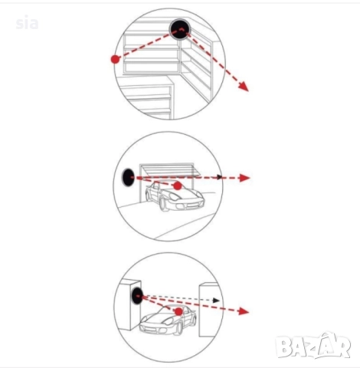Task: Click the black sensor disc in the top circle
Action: [x=180, y=29]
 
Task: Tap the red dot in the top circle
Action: [x=115, y=59]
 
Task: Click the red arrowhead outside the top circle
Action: [x=244, y=86]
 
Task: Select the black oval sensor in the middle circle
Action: [x=127, y=178]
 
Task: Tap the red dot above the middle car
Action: [x=178, y=186]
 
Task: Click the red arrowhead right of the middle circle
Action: [x=244, y=178]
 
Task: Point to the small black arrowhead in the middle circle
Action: [x=219, y=177]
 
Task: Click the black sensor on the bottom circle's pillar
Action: [x=137, y=296]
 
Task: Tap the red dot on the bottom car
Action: [x=178, y=311]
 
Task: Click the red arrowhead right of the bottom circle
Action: [x=244, y=311]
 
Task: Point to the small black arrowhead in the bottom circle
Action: [x=216, y=300]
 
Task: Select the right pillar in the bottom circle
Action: [x=210, y=309]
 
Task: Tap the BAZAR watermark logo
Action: [x=313, y=346]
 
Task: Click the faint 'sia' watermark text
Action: [x=27, y=24]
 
